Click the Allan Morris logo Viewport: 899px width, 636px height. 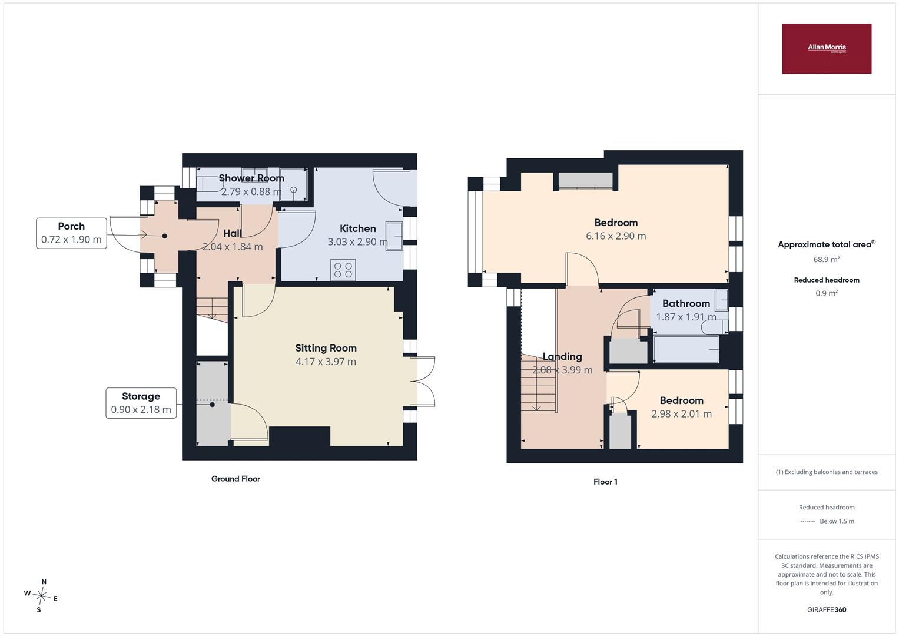(x=827, y=48)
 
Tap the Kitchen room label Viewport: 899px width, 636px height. (x=357, y=228)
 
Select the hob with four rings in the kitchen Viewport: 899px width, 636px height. (x=343, y=270)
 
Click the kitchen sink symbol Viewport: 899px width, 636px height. (x=394, y=236)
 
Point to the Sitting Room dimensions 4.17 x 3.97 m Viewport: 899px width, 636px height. (x=326, y=362)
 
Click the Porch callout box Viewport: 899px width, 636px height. (x=71, y=233)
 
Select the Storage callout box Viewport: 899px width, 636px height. (x=141, y=403)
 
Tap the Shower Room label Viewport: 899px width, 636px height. (x=251, y=178)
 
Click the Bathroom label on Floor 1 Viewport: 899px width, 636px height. (x=686, y=303)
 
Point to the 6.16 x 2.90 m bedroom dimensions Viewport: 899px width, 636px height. (x=616, y=236)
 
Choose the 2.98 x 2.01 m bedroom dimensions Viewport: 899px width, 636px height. (x=681, y=413)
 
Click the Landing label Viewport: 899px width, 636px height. (x=562, y=356)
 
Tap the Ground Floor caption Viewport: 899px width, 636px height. (x=235, y=479)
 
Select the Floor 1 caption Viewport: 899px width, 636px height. (x=605, y=482)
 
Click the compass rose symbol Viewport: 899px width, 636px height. (x=41, y=595)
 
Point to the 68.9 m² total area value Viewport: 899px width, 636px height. (x=827, y=259)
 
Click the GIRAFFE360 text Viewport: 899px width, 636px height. (x=827, y=609)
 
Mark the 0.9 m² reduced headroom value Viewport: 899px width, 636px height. (x=827, y=293)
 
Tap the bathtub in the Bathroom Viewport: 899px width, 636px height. (x=686, y=349)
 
